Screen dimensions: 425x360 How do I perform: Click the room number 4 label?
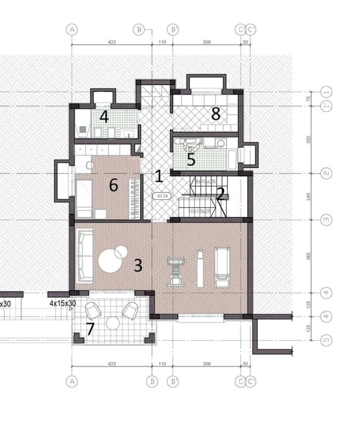click(104, 118)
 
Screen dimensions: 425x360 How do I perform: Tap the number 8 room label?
click(216, 114)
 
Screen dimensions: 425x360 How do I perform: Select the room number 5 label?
click(191, 160)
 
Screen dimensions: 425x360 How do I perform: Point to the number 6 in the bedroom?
click(114, 185)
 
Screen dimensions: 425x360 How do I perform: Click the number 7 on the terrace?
click(90, 329)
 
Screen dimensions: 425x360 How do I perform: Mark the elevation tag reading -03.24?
click(160, 196)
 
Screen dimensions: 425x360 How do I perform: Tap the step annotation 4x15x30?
click(63, 303)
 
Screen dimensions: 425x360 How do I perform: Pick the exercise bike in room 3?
click(175, 270)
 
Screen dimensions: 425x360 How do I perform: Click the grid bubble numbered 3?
click(327, 220)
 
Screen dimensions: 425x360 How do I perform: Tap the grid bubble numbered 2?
click(327, 174)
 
